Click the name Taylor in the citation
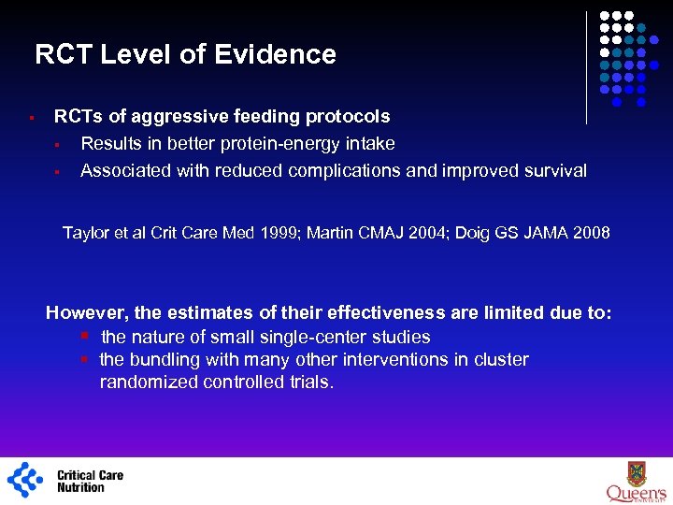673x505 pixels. click(x=85, y=232)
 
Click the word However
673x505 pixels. click(x=89, y=313)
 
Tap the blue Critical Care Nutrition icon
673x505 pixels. click(x=25, y=480)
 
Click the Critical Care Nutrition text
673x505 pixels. click(x=90, y=481)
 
